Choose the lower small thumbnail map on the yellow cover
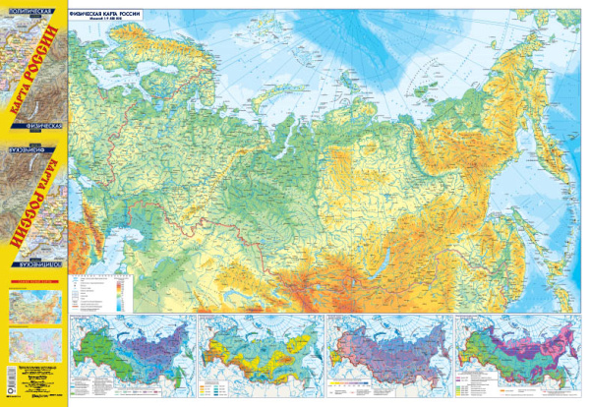click(35, 346)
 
